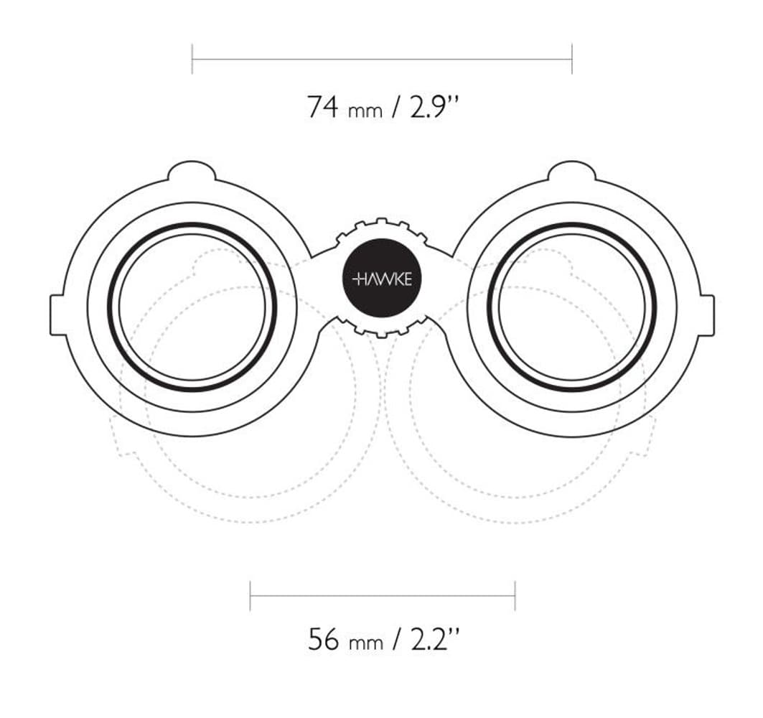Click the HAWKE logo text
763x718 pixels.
tap(382, 279)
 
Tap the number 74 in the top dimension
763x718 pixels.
tap(322, 106)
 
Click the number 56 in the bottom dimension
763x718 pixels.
tap(323, 639)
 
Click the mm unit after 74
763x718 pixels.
tap(365, 112)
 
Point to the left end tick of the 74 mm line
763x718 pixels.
tap(192, 59)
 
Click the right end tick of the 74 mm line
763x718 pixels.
tap(572, 59)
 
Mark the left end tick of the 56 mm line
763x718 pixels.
tap(250, 595)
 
